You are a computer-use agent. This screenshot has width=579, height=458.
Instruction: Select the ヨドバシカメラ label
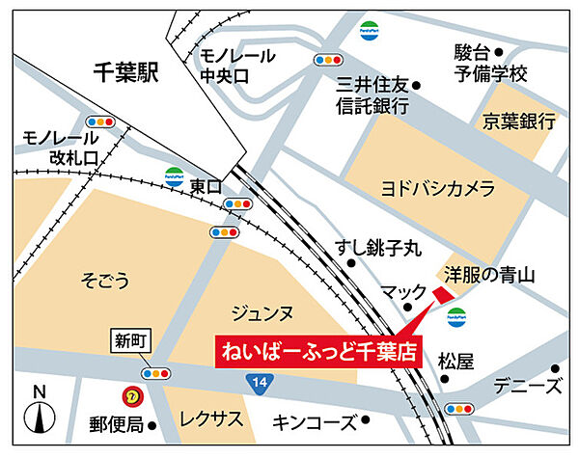click(438, 187)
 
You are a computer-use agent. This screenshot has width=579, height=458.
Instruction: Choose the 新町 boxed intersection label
click(127, 339)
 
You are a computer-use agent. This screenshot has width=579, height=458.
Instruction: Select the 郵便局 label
click(117, 423)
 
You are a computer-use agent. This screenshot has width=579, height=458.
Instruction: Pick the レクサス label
click(208, 421)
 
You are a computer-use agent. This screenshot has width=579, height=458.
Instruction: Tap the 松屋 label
click(456, 362)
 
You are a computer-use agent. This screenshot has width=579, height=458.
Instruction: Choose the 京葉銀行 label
click(520, 121)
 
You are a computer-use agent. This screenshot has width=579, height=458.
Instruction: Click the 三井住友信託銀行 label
click(373, 94)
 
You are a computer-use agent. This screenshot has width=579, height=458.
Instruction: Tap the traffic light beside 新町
click(154, 373)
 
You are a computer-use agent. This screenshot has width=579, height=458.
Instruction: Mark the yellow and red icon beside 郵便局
click(128, 395)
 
